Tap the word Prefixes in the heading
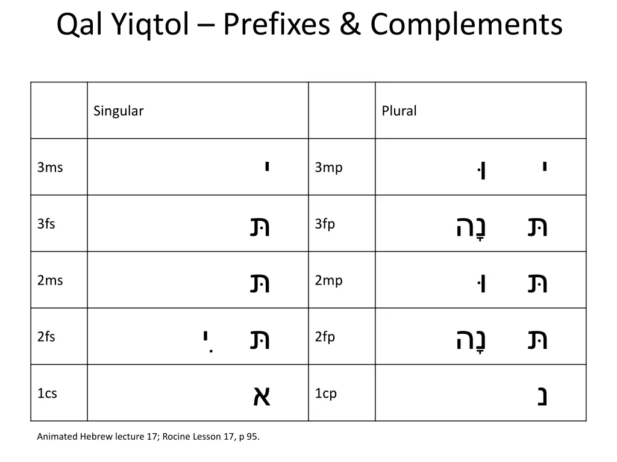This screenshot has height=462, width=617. coord(275,25)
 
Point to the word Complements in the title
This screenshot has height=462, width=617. coord(466,25)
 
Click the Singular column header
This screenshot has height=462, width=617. coord(119,111)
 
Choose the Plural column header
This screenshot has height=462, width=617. coord(399,111)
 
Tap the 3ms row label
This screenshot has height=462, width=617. coord(50,167)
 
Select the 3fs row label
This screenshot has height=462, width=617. coord(46,224)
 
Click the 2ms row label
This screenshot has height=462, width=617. coord(50,280)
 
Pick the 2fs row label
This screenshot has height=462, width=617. coord(46,337)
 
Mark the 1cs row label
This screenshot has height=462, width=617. coord(47,393)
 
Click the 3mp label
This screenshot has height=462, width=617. coord(328,167)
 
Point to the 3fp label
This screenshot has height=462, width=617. coord(325,224)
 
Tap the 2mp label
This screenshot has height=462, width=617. coord(328,280)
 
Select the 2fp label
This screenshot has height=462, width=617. coord(325,337)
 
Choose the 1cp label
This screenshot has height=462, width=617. coord(326,393)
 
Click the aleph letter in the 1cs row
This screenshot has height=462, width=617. coord(261,396)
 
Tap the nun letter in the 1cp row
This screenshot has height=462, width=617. coord(542,396)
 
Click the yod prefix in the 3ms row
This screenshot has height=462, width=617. coord(266,166)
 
